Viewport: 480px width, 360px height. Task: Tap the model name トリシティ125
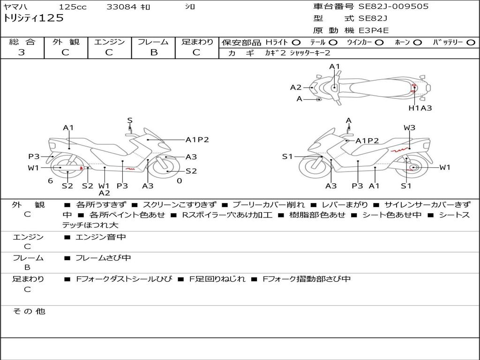pyautogui.click(x=33, y=18)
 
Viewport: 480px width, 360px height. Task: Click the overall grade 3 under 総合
pyautogui.click(x=22, y=52)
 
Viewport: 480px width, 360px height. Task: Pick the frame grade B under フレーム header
pyautogui.click(x=153, y=52)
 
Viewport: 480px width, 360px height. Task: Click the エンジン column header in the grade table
pyautogui.click(x=109, y=42)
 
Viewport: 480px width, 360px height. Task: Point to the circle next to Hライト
pyautogui.click(x=296, y=42)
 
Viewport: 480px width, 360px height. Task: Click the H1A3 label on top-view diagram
pyautogui.click(x=420, y=108)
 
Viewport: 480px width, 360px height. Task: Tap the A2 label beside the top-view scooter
pyautogui.click(x=296, y=87)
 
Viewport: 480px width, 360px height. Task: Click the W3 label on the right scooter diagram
pyautogui.click(x=409, y=127)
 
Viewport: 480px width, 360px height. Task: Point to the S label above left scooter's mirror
pyautogui.click(x=130, y=120)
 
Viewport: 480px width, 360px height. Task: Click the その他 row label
pyautogui.click(x=29, y=311)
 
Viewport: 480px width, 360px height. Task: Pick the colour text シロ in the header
pyautogui.click(x=190, y=7)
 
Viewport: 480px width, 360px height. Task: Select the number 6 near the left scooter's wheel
pyautogui.click(x=50, y=181)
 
